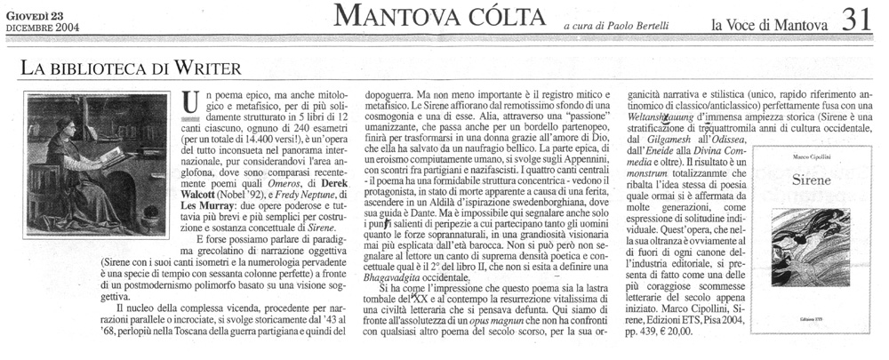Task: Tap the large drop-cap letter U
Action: (x=188, y=105)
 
